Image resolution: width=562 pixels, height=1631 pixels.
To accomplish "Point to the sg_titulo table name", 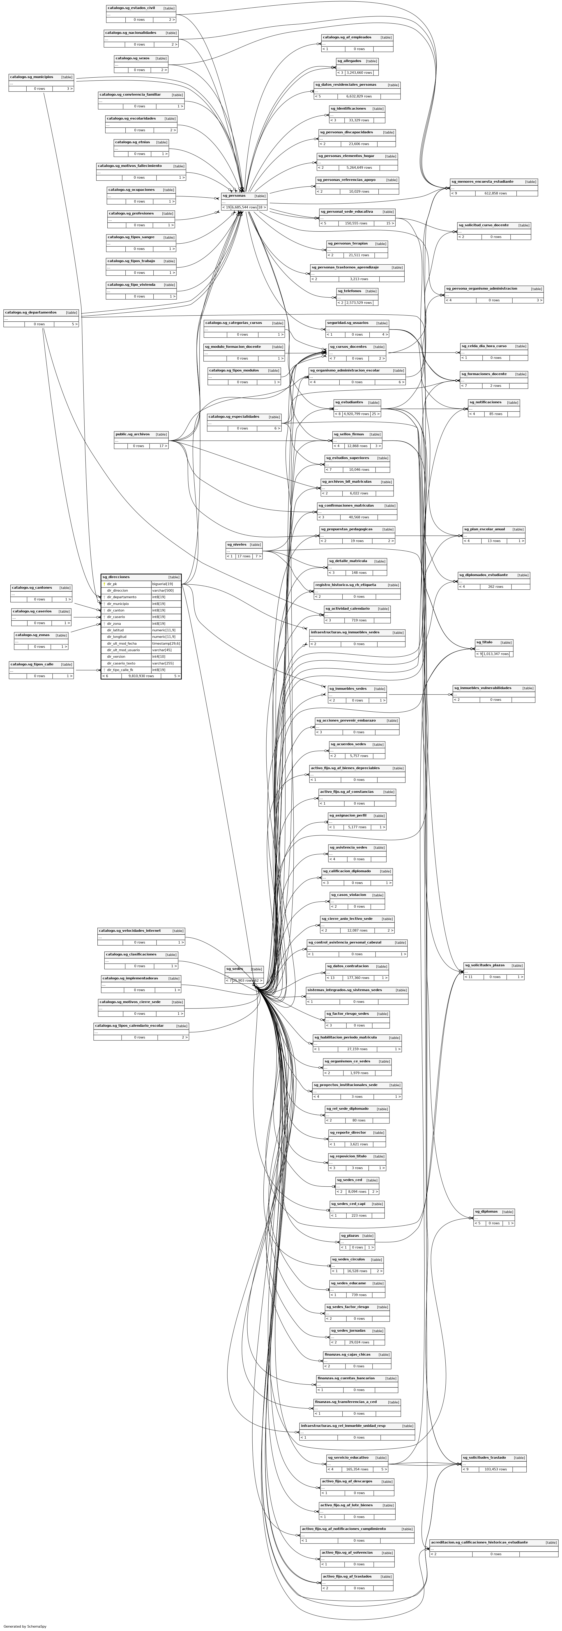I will pos(484,642).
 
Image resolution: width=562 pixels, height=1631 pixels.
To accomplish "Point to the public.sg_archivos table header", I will pos(132,434).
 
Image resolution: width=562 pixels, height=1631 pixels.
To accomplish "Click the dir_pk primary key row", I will pos(113,584).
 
